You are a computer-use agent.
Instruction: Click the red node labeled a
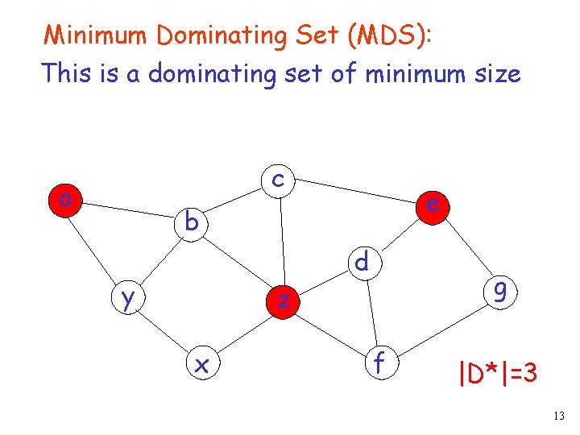point(64,198)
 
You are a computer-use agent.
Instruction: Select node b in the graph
point(191,221)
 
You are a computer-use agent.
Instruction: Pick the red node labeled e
point(433,204)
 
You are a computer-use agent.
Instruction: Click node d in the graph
point(362,261)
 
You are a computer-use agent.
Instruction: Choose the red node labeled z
point(283,300)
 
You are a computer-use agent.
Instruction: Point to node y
point(127,298)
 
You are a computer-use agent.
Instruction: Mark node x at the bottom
point(201,364)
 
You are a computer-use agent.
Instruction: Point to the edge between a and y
point(93,245)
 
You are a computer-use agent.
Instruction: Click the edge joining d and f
point(370,310)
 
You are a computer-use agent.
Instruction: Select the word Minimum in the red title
point(97,35)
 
